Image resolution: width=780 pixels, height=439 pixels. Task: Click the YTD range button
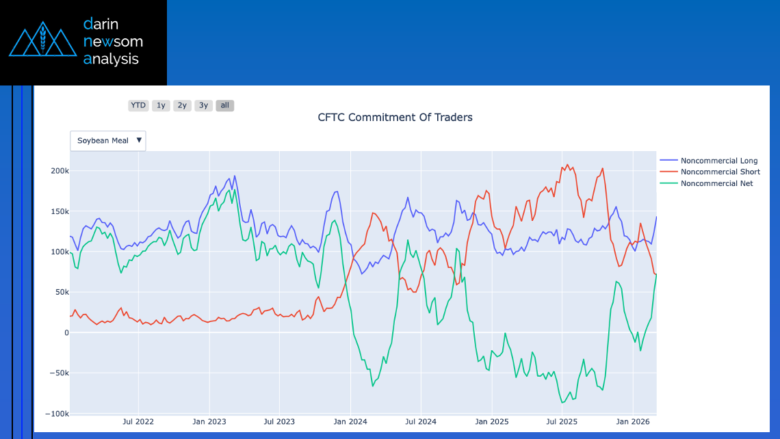tap(138, 105)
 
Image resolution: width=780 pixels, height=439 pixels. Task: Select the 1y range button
tap(161, 105)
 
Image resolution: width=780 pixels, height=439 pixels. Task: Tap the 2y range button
tap(182, 105)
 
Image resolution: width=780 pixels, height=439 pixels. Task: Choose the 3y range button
tap(203, 105)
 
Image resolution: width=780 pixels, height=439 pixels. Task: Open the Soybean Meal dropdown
tap(108, 140)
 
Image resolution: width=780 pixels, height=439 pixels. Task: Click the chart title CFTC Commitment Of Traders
tap(395, 118)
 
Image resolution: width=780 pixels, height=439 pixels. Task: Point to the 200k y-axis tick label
tap(60, 171)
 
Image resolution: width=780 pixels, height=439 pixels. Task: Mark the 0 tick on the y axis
tap(66, 333)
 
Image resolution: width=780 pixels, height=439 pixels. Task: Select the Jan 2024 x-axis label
tap(350, 422)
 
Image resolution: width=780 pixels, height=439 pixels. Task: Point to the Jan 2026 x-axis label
tap(633, 422)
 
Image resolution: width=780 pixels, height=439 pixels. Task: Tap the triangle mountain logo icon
tap(42, 42)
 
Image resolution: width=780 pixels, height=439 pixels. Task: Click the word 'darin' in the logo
tap(101, 25)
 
